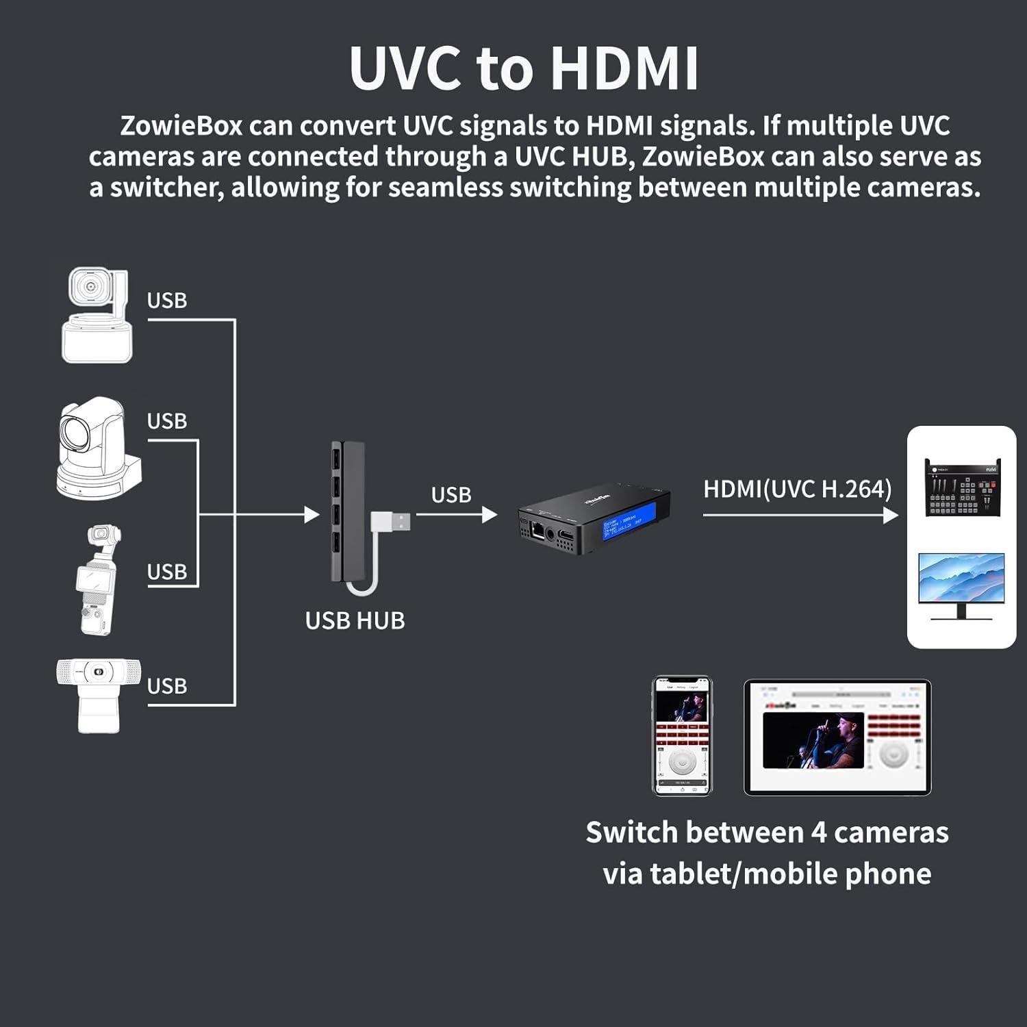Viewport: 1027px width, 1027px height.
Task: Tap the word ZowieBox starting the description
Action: point(181,126)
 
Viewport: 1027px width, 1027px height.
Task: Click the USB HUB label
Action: point(355,620)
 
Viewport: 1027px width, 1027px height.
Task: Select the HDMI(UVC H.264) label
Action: point(798,489)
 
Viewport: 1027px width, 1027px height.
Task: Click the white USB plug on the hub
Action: point(392,522)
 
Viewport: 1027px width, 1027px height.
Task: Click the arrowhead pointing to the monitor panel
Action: point(890,514)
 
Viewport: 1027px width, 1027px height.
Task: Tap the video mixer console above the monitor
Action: point(962,487)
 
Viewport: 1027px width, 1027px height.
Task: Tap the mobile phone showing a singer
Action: point(682,736)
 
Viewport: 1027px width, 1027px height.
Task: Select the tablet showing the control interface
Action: point(837,737)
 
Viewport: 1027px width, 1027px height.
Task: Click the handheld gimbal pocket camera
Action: point(99,579)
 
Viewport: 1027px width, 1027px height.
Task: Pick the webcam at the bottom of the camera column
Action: point(99,694)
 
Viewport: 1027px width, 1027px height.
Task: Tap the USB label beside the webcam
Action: point(166,686)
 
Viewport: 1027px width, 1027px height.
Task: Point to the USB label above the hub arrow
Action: point(451,494)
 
